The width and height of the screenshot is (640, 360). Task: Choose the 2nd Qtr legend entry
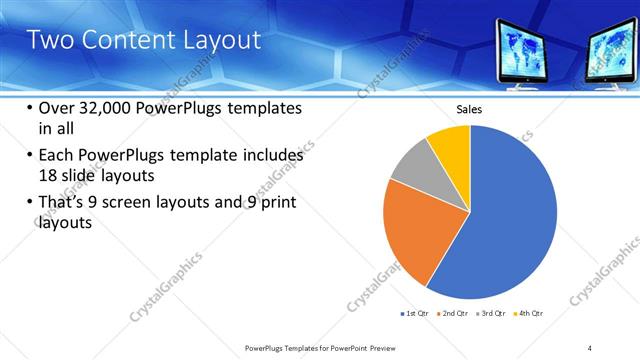click(455, 313)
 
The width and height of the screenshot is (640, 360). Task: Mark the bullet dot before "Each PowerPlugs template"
click(27, 156)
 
